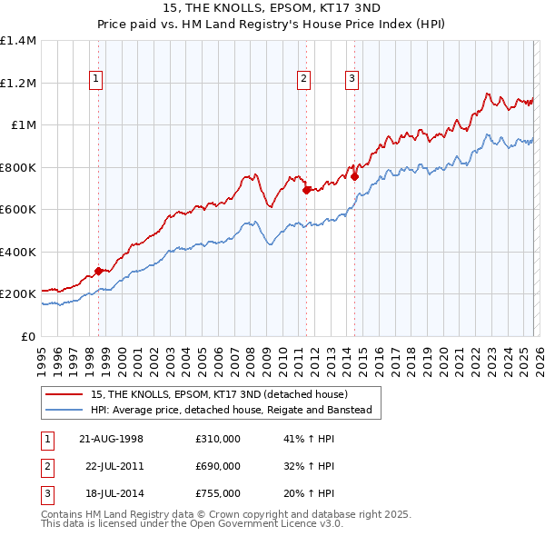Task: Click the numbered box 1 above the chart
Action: [x=96, y=79]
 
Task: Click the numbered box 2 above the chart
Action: [x=303, y=79]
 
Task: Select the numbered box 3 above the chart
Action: [x=352, y=79]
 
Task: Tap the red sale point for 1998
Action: [x=98, y=272]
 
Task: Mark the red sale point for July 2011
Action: [x=307, y=191]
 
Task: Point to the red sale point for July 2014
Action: [x=354, y=177]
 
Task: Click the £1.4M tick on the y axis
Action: [x=17, y=41]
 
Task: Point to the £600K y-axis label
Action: [x=17, y=210]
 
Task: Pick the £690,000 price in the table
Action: [x=218, y=466]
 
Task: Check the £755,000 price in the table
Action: [x=218, y=493]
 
